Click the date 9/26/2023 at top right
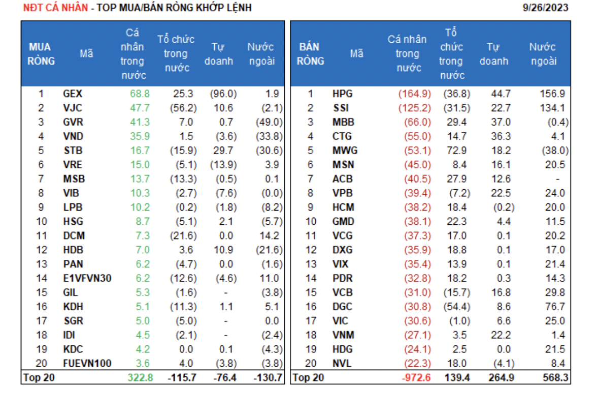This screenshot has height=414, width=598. click(545, 8)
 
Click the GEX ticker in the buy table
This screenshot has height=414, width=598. click(73, 94)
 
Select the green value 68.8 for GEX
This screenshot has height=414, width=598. click(140, 94)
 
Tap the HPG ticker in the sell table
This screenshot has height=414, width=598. click(342, 94)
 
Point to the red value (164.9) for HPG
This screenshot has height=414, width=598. click(416, 94)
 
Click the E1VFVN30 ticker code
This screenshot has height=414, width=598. click(87, 278)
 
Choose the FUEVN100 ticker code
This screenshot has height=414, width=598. click(87, 364)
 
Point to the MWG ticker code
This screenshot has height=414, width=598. click(345, 151)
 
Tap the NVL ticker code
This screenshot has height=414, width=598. click(342, 364)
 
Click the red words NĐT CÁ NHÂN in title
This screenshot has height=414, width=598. click(53, 8)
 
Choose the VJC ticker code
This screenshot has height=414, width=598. click(73, 108)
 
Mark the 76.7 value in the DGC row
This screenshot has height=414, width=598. click(554, 307)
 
